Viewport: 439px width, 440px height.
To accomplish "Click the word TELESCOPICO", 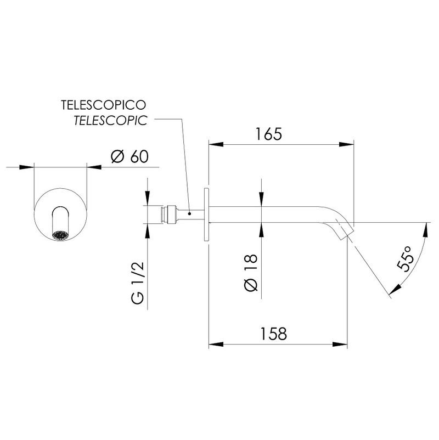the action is [104, 105].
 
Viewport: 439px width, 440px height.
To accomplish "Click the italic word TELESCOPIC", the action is [111, 121].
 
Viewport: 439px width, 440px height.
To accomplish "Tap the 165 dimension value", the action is [268, 134].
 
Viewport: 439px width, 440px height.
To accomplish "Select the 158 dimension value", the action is [274, 334].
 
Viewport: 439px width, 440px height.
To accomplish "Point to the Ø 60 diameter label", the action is [130, 156].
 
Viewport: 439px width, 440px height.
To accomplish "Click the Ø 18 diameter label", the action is [251, 273].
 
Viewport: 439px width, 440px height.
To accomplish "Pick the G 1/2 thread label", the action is [138, 283].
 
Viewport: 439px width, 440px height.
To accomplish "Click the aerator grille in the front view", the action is [60, 236].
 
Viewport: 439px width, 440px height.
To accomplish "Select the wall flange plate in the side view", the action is [206, 215].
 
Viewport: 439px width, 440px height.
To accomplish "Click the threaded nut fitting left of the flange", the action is [172, 215].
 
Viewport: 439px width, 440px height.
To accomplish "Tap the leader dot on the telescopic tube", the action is [189, 214].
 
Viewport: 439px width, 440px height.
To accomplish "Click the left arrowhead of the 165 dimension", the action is [216, 144].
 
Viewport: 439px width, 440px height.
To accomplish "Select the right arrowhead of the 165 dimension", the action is [346, 144].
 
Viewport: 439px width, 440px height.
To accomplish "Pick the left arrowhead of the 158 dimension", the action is [216, 345].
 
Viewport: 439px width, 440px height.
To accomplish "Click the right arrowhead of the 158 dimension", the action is [340, 345].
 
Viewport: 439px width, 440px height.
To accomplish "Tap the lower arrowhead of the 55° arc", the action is [395, 290].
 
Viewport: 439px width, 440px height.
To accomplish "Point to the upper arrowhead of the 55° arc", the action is [426, 230].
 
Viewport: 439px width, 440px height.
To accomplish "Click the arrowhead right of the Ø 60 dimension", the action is [94, 167].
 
